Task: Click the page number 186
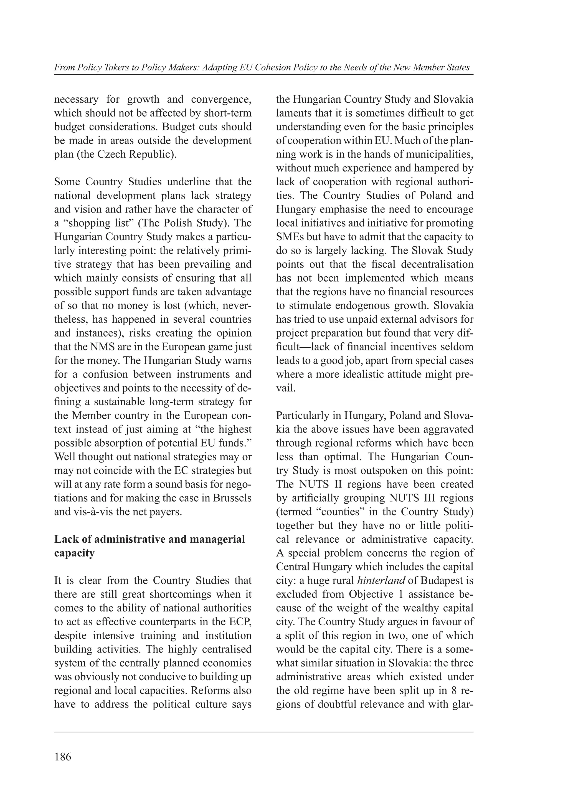point(63,757)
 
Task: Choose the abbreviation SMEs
point(290,237)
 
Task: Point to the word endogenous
point(362,305)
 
